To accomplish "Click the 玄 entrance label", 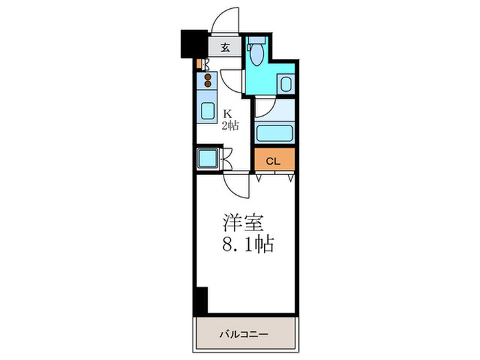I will coord(226,48).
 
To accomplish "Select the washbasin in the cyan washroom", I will coord(286,84).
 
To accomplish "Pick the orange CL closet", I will coord(274,161).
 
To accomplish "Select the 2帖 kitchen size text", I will coord(230,125).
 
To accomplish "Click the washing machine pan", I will coord(207,159).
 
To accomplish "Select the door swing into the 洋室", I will coord(235,184).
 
